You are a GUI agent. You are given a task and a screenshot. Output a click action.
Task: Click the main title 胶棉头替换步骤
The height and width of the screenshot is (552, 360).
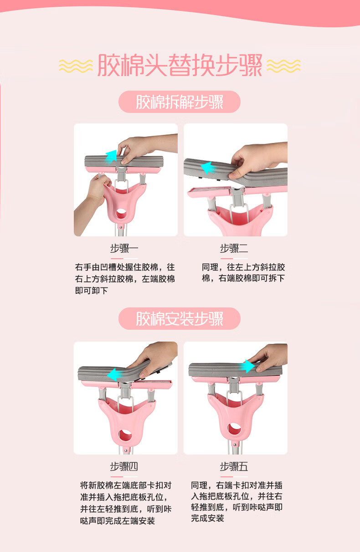180,65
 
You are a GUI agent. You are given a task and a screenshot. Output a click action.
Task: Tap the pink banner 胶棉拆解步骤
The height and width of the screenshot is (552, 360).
180,102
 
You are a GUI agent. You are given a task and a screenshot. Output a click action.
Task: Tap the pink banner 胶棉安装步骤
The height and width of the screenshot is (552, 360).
180,319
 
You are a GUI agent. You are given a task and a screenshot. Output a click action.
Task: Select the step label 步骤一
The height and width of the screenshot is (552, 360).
124,248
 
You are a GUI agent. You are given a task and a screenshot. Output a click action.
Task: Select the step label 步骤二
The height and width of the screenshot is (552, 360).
234,248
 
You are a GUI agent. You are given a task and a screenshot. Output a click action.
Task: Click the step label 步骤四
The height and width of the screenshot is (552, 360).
124,466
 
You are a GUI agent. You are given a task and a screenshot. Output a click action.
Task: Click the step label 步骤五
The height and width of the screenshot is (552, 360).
234,466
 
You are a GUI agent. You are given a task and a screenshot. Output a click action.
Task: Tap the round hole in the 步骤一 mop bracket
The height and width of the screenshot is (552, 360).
121,214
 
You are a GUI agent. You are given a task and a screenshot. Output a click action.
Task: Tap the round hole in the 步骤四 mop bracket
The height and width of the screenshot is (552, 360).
125,435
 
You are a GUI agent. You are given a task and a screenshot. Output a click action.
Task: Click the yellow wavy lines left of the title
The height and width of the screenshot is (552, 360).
76,66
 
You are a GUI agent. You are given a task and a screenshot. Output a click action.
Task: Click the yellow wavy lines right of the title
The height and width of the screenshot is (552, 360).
284,66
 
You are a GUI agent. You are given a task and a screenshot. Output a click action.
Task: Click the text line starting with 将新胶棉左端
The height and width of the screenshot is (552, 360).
126,485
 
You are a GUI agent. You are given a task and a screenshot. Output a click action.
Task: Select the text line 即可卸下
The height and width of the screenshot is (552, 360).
92,291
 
